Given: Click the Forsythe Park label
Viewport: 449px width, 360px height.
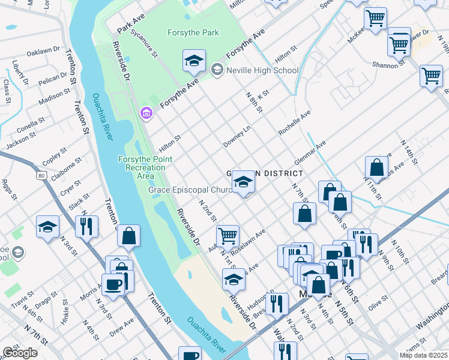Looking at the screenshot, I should [193, 33].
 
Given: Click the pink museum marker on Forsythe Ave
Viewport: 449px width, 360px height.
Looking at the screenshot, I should [145, 113].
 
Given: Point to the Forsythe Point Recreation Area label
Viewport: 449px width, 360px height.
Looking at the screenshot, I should [145, 167].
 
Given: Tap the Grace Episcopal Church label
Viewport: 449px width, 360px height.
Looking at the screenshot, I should [190, 191].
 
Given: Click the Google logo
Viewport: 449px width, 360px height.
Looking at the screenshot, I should [20, 353].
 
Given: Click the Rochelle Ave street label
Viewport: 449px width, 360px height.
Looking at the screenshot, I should [294, 122].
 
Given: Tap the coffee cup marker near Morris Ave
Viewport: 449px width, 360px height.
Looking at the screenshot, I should [113, 284].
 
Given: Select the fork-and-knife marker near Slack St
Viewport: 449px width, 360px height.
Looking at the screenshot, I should [87, 226].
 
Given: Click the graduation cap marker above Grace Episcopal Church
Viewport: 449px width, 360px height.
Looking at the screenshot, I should [243, 182].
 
